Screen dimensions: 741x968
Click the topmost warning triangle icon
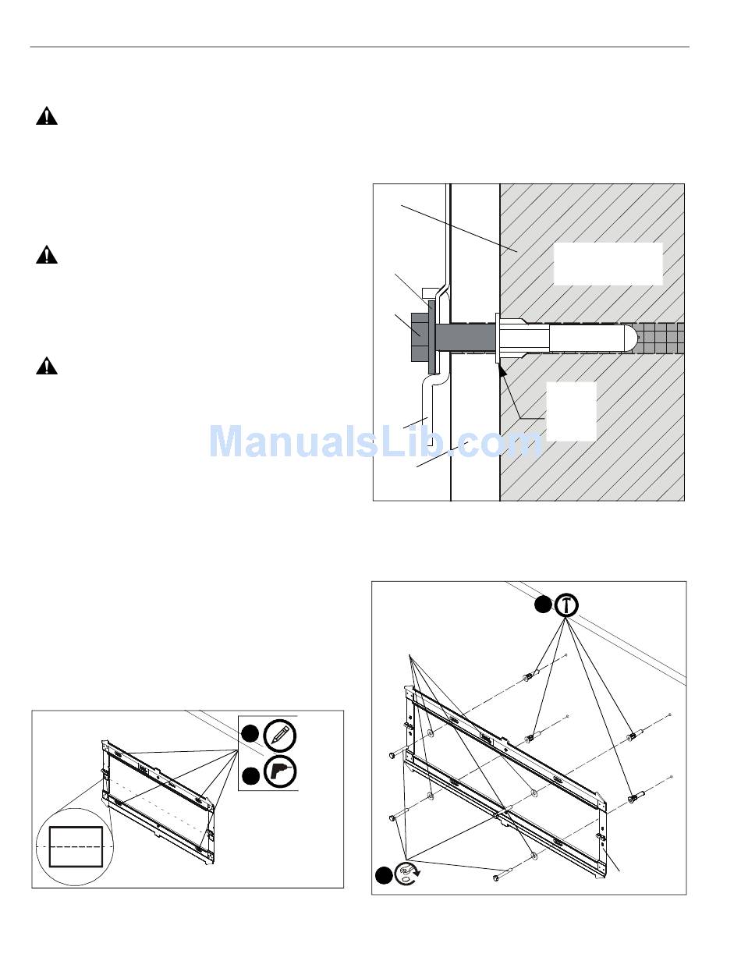47,116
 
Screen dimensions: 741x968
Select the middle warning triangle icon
47,255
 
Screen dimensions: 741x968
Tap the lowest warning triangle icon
47,366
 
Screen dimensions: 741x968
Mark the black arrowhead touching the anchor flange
503,370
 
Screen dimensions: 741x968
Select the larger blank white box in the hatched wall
608,264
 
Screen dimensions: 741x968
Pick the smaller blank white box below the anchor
571,411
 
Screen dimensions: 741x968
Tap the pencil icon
280,736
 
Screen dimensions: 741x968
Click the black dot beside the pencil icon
250,733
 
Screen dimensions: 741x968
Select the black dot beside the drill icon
251,775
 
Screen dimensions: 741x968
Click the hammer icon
566,605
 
